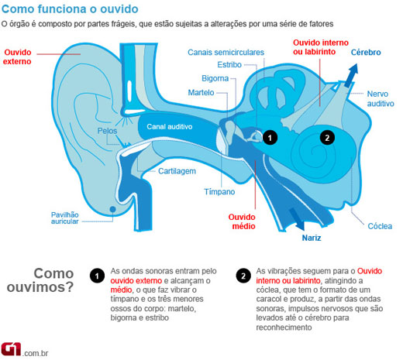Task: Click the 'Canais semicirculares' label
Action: pos(226,53)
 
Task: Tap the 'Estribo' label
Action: pos(229,64)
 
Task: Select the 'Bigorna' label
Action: pos(215,78)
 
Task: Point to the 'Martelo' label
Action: pos(201,92)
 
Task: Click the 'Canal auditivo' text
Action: pos(170,127)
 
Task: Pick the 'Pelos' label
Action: pos(107,131)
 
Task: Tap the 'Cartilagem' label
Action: pos(177,171)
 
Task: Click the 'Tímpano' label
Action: pos(219,192)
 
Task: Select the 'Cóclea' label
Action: pos(380,226)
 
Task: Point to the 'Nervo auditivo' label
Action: pos(381,99)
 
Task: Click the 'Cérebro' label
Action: pos(366,53)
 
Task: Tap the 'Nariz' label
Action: pos(312,238)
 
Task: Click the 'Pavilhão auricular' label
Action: pos(65,218)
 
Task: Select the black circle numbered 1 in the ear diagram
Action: pos(270,138)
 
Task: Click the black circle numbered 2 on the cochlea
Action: pos(327,138)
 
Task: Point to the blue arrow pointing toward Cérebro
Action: pos(352,75)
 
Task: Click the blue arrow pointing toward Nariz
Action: pos(297,219)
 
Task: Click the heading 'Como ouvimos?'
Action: pos(40,280)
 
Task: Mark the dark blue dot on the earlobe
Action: pos(112,209)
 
